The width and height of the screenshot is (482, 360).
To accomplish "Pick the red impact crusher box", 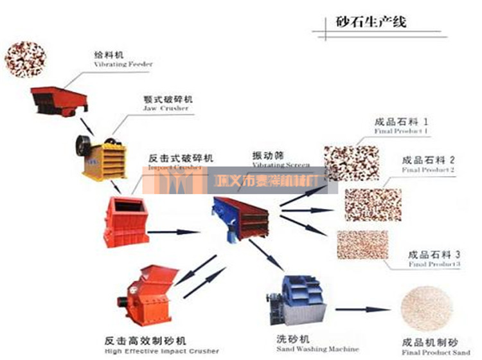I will click(x=127, y=221).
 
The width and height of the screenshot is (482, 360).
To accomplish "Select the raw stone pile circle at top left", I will click(x=25, y=59).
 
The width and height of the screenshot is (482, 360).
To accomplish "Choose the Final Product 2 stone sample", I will click(x=373, y=204).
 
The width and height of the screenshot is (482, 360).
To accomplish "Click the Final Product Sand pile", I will click(x=427, y=309).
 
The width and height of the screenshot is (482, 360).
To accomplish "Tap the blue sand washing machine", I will click(x=296, y=301).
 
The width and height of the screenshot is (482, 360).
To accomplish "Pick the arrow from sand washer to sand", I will click(x=362, y=310).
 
